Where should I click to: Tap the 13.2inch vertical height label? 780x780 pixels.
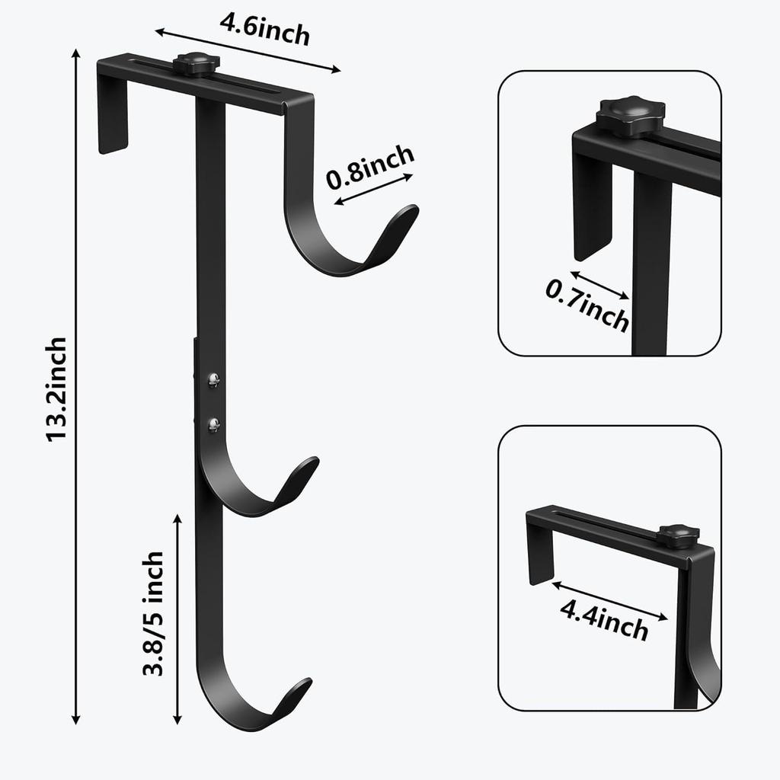(57, 388)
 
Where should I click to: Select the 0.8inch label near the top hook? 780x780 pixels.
(370, 167)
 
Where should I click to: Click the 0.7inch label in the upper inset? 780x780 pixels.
(587, 305)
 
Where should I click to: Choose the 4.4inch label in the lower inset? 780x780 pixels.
(604, 619)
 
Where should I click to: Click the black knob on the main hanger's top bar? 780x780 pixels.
(196, 64)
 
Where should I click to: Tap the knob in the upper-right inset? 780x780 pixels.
(630, 116)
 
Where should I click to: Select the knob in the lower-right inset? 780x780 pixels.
(678, 536)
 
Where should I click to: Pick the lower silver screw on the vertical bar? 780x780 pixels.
(214, 424)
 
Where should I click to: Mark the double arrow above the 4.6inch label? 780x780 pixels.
(248, 51)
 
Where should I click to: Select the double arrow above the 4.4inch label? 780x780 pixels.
(610, 599)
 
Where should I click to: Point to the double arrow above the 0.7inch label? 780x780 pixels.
(599, 285)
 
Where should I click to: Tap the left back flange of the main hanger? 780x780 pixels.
(113, 114)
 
